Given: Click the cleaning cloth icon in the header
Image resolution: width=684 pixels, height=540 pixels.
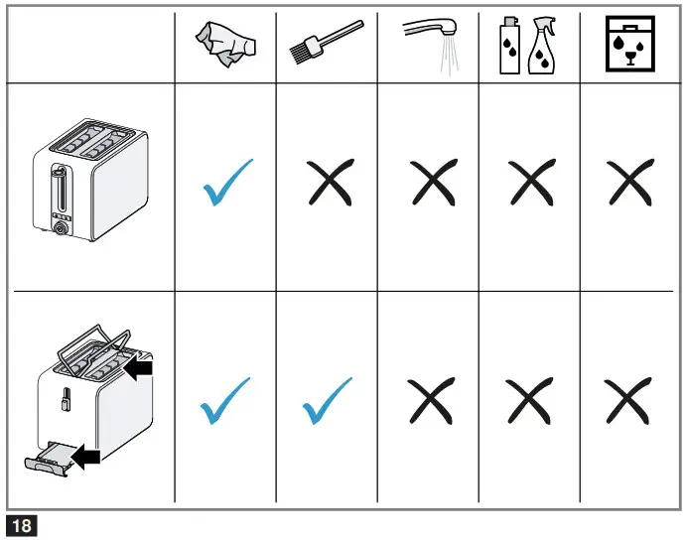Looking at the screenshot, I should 225,47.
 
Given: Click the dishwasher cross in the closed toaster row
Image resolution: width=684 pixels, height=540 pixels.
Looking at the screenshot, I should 631,184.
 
